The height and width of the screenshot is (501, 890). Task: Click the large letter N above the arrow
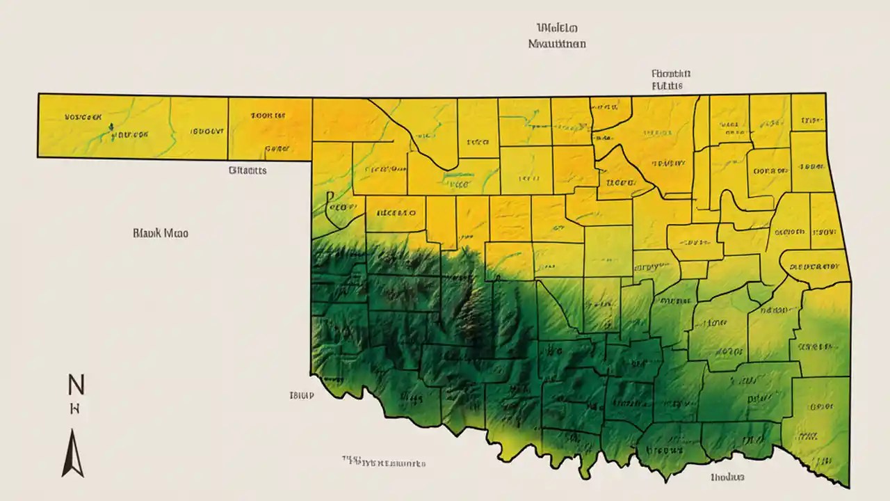pos(75,383)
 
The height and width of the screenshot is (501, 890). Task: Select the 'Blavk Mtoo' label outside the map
pos(160,234)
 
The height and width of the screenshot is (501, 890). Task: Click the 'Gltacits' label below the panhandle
pos(247,170)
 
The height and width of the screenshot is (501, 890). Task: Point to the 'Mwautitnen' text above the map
pos(556,43)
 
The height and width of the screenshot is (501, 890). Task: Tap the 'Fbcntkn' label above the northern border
pos(670,73)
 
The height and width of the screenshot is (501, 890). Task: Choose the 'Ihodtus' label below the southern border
pos(727,477)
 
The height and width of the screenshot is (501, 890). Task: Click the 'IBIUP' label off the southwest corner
pos(301,395)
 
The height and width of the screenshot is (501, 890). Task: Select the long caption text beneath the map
pos(383,462)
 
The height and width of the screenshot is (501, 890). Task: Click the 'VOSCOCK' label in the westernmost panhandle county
pos(83,118)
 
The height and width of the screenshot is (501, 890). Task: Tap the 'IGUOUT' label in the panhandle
pos(207,130)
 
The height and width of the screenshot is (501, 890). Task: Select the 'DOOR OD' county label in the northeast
pos(770,170)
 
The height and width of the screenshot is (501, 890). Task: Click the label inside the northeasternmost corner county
pos(809,121)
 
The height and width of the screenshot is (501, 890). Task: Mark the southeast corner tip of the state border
pos(848,487)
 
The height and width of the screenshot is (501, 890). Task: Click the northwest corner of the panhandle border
pos(38,93)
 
